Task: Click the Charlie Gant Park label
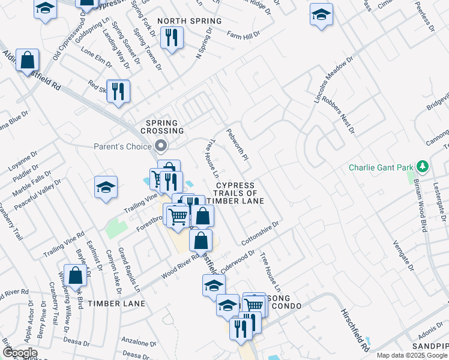380,166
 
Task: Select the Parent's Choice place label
122,146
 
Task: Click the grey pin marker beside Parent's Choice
160,146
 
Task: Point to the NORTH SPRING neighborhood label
190,21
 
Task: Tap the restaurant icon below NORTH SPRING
172,37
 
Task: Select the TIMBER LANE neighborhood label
116,304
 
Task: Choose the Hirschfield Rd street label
354,331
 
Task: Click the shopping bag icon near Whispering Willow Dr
76,276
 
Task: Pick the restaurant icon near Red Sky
118,91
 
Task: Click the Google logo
20,353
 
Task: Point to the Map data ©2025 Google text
412,355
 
